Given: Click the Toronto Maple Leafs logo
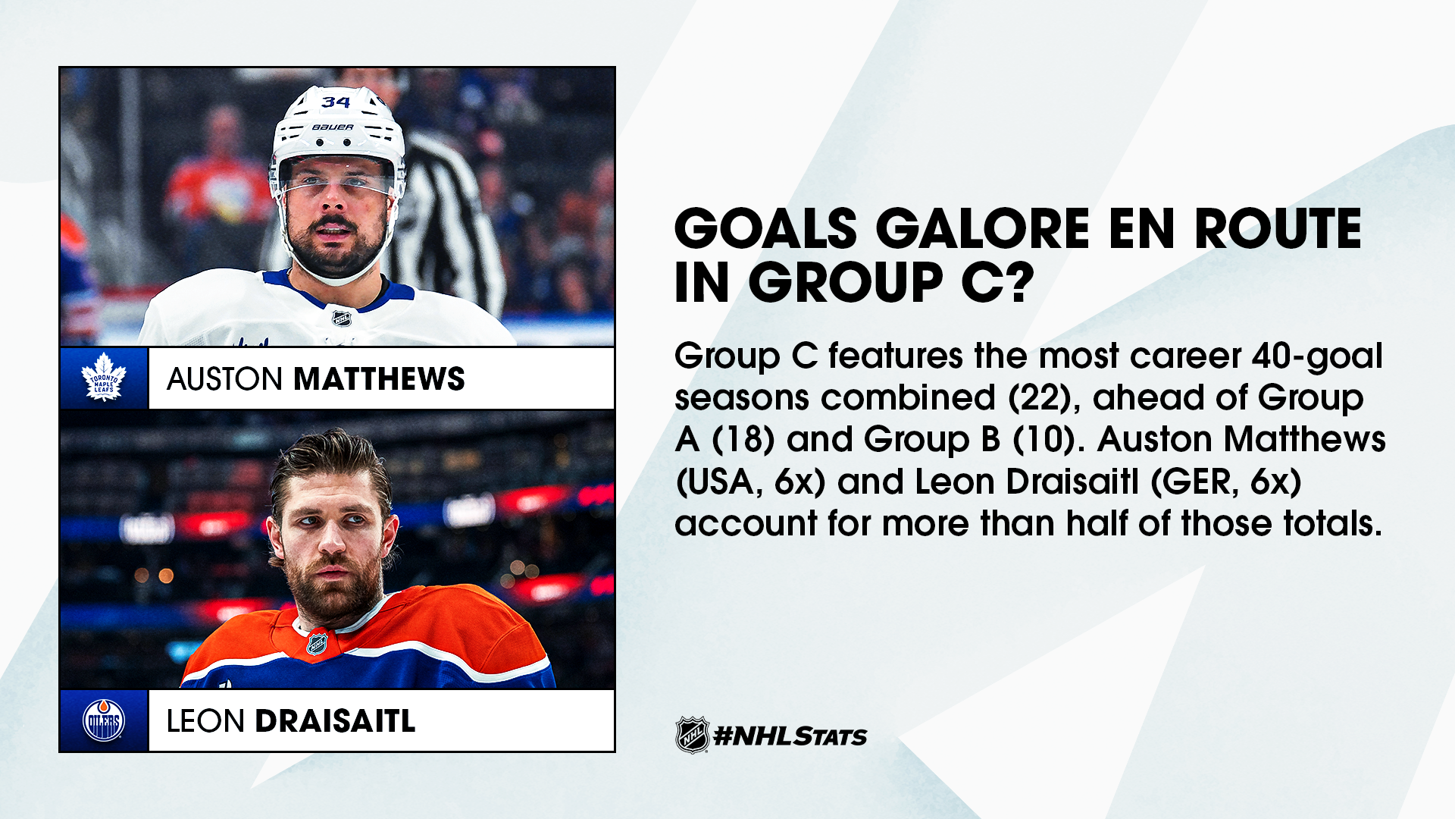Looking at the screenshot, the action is pyautogui.click(x=104, y=377).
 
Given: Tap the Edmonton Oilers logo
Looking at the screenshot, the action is pyautogui.click(x=104, y=720).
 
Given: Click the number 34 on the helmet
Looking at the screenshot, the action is pyautogui.click(x=336, y=102).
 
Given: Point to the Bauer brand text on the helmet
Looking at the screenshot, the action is pyautogui.click(x=333, y=127).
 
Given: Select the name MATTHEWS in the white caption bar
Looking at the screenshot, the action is pyautogui.click(x=379, y=379).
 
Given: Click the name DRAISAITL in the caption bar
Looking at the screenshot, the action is pyautogui.click(x=335, y=721).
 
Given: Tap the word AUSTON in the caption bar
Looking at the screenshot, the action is pyautogui.click(x=224, y=379).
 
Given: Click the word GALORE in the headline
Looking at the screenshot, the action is pyautogui.click(x=983, y=229).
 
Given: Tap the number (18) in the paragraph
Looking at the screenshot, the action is pyautogui.click(x=743, y=439).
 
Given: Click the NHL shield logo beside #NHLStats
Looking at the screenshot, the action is pyautogui.click(x=692, y=735).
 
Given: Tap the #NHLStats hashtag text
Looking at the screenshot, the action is pyautogui.click(x=790, y=736).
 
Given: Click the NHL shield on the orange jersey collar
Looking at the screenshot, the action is pyautogui.click(x=317, y=644).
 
